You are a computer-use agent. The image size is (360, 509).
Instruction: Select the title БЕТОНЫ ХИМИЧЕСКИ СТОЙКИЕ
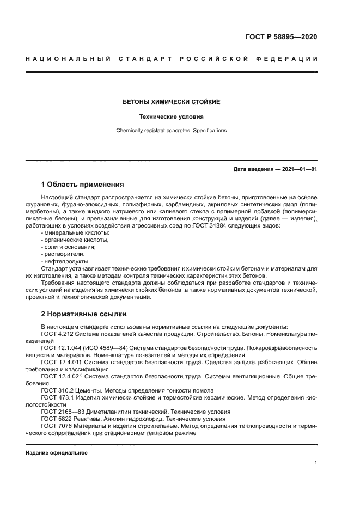[171, 102]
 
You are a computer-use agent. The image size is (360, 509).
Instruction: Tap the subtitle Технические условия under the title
[171, 116]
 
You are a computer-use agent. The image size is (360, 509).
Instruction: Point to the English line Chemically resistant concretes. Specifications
[171, 131]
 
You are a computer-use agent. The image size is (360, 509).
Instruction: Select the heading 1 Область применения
[82, 184]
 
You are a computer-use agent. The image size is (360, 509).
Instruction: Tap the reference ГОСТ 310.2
[57, 390]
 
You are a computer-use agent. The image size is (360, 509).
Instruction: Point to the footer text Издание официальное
[57, 452]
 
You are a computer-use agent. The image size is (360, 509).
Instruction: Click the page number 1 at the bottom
[315, 463]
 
